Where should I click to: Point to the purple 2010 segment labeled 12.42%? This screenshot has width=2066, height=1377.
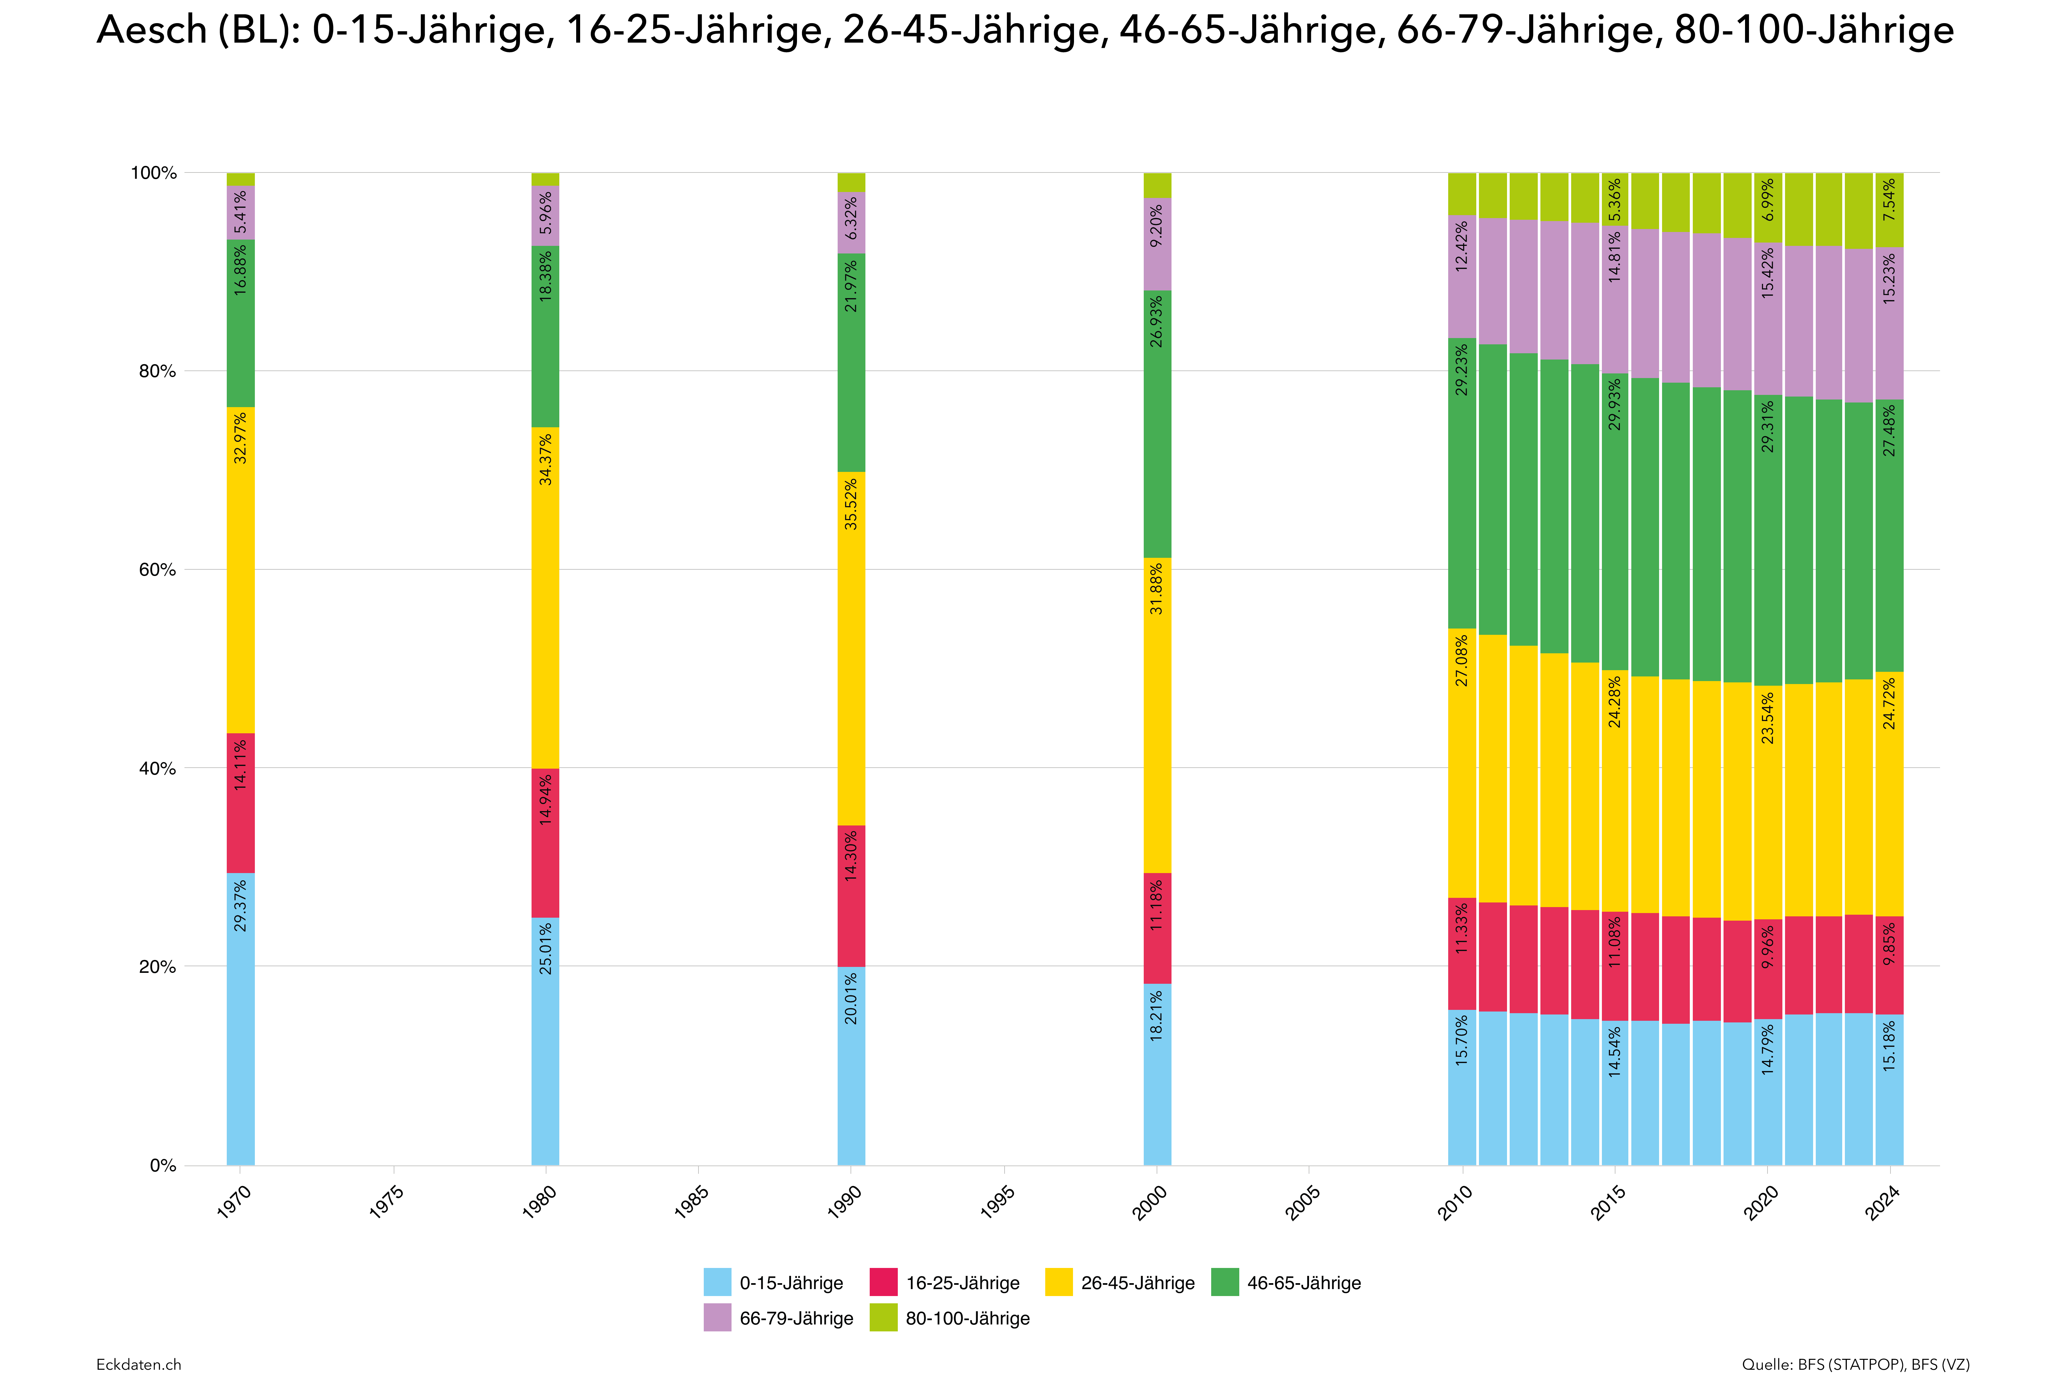(x=1462, y=277)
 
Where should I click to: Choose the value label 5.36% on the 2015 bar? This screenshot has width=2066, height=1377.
(x=1614, y=200)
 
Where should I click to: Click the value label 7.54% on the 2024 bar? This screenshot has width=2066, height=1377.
(x=1889, y=200)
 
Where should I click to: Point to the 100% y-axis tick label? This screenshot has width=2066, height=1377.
(x=154, y=173)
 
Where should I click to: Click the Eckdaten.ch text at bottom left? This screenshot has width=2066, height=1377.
(x=139, y=1364)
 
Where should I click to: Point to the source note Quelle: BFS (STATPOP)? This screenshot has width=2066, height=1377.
(x=1855, y=1364)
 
